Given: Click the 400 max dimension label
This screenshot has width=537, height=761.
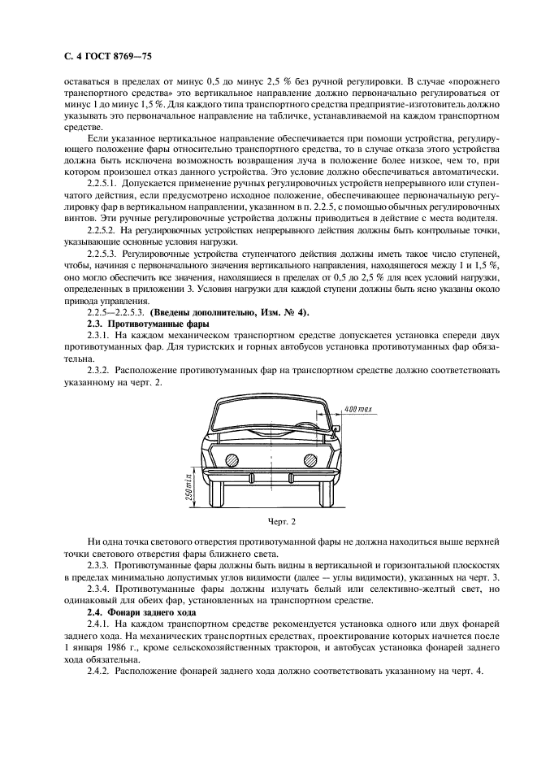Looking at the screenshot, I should pos(358,407).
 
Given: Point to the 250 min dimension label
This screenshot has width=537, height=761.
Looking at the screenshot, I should pos(187,486).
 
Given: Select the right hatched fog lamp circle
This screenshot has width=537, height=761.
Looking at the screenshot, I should pos(310,459).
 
